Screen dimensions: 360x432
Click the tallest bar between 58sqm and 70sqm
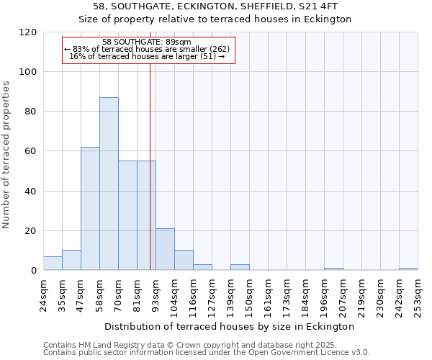point(109,184)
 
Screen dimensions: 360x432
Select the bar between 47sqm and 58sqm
point(90,209)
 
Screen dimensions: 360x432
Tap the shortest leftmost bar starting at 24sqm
point(53,264)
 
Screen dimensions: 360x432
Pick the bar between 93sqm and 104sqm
point(165,250)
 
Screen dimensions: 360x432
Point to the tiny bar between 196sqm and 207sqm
point(333,269)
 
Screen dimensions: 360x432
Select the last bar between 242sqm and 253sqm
point(408,269)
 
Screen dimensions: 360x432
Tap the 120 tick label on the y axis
point(29,32)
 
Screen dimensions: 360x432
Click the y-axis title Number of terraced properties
point(7,155)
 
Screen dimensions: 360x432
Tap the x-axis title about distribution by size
point(230,327)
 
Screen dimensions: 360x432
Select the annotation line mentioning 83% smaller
point(148,49)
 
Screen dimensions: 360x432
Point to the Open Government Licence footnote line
point(207,353)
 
